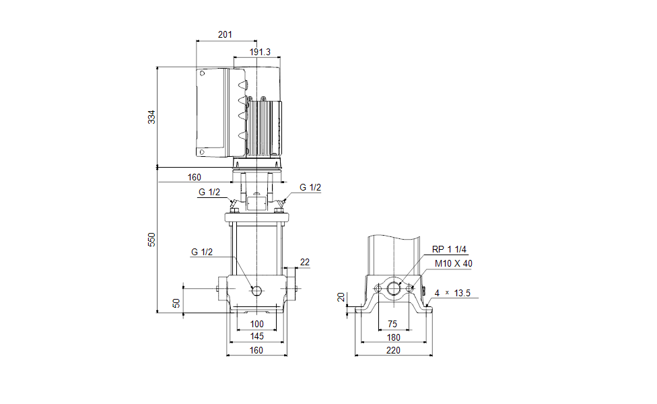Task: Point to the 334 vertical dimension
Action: (x=151, y=116)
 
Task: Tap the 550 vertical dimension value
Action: (x=151, y=240)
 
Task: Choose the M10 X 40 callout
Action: (x=453, y=263)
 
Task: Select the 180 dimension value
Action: (x=393, y=337)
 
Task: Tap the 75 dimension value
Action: (x=393, y=324)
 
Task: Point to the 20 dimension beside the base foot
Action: (x=341, y=298)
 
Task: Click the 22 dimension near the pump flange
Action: (x=304, y=262)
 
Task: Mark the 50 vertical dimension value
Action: (x=177, y=303)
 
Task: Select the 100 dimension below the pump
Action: (x=257, y=324)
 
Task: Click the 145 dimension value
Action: (x=257, y=336)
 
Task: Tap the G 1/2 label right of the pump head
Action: (x=310, y=188)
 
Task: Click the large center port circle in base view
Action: (x=393, y=289)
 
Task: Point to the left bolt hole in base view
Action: (x=378, y=289)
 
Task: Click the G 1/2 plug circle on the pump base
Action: (x=256, y=290)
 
